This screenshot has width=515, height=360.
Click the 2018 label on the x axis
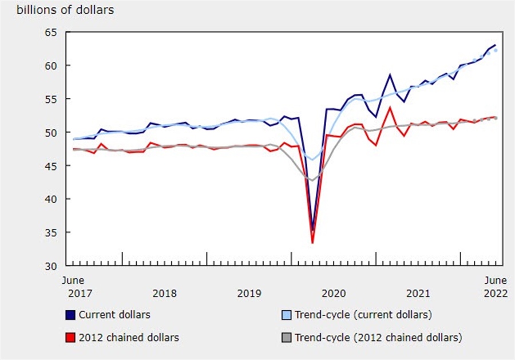(x=165, y=294)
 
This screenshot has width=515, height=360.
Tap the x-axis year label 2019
(x=249, y=294)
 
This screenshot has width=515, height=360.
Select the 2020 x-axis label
(x=334, y=294)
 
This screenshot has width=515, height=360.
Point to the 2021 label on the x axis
(x=418, y=294)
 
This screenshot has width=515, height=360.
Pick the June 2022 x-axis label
(x=495, y=287)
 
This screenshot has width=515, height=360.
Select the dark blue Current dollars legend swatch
(x=70, y=315)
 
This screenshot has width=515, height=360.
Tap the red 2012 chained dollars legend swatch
(x=70, y=337)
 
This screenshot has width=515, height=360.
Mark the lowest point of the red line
(x=312, y=243)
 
